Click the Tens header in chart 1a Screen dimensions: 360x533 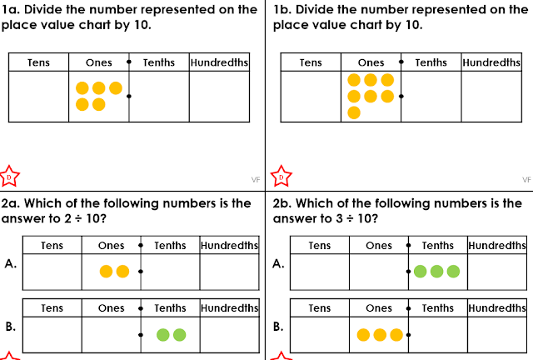click(x=38, y=62)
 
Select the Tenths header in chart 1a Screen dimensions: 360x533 click(x=159, y=62)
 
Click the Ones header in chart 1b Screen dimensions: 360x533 click(x=371, y=62)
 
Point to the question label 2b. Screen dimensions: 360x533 click(x=283, y=203)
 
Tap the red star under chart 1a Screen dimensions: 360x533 click(x=9, y=177)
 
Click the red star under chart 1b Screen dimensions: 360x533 click(x=281, y=177)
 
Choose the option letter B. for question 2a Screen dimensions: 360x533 click(x=10, y=327)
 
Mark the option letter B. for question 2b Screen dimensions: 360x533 click(x=279, y=327)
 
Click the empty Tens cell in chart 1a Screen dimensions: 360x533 click(x=38, y=96)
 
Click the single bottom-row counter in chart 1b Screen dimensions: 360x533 click(x=354, y=112)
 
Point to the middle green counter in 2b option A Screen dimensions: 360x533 click(x=436, y=271)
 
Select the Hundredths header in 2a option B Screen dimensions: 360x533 click(x=230, y=308)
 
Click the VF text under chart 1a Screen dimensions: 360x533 click(x=256, y=179)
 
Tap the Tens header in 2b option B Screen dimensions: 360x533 click(x=319, y=308)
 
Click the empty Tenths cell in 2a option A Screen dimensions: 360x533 click(x=170, y=271)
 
